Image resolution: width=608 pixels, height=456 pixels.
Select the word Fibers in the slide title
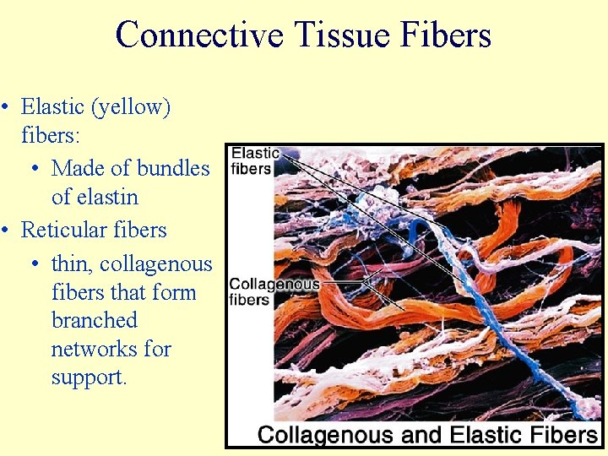[448, 35]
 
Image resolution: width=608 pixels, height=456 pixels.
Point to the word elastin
[95, 198]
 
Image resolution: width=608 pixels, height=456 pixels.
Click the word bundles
[172, 168]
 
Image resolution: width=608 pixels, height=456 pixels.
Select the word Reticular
[65, 230]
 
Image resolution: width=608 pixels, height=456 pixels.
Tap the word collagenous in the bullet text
[156, 264]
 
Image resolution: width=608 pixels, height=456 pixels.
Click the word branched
[94, 321]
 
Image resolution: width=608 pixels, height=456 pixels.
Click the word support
[89, 377]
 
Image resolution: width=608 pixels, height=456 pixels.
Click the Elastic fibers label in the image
[254, 160]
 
